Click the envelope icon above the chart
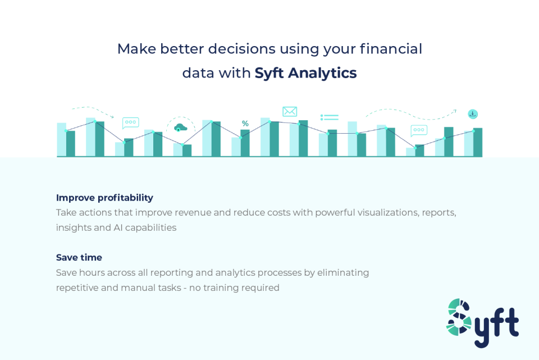tap(290, 111)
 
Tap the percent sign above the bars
tap(245, 124)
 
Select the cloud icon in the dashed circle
tap(180, 126)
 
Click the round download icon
tap(473, 114)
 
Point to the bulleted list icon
tap(330, 117)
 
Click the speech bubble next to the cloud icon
tap(130, 122)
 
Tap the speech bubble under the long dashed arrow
tap(419, 130)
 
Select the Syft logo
tap(482, 322)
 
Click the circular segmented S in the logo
tap(459, 317)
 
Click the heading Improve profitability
tap(104, 198)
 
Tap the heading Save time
tap(79, 258)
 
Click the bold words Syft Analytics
tap(305, 73)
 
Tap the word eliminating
tap(343, 273)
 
